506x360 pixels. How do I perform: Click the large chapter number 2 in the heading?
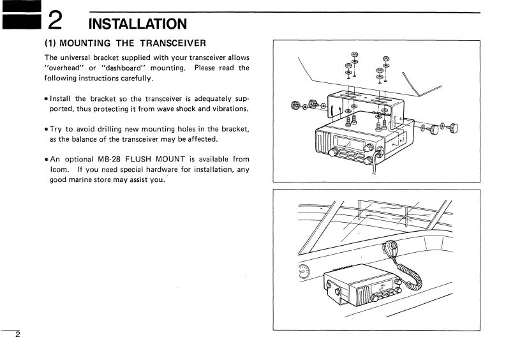(x=56, y=22)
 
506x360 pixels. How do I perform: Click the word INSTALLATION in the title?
(x=137, y=24)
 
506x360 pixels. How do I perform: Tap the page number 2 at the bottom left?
(x=18, y=335)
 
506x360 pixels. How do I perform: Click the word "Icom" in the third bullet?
(x=59, y=170)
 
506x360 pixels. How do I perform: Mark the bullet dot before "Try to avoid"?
(x=46, y=129)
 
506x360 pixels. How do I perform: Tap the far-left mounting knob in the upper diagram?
(x=295, y=105)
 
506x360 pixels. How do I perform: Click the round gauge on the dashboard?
(x=304, y=273)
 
